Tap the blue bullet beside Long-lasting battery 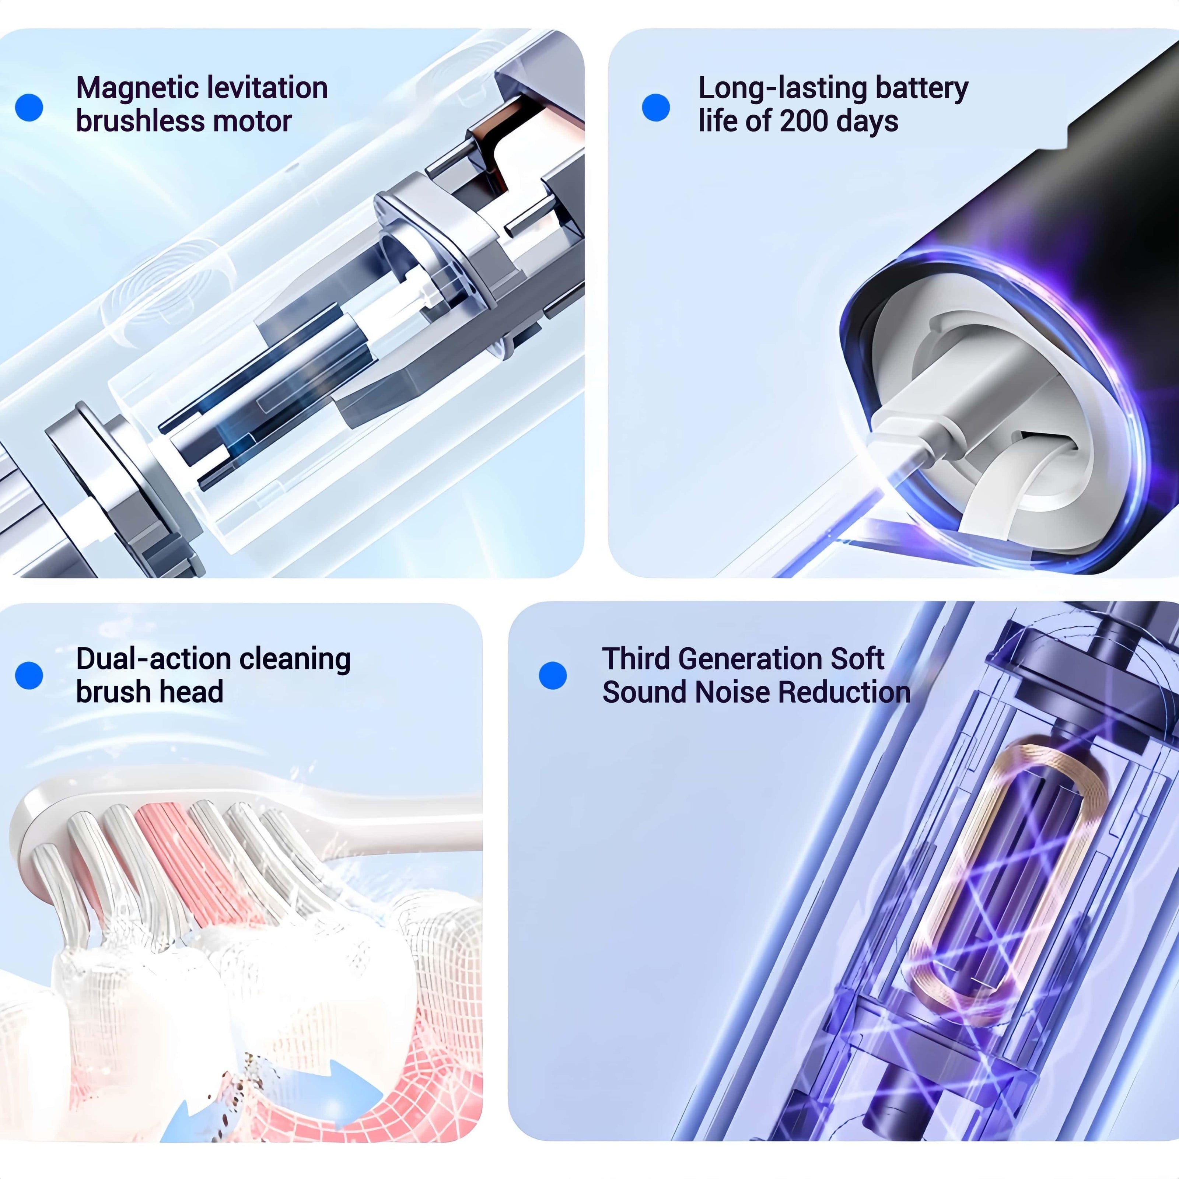click(656, 108)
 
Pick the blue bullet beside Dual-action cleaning click(29, 676)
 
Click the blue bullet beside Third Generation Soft click(553, 676)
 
